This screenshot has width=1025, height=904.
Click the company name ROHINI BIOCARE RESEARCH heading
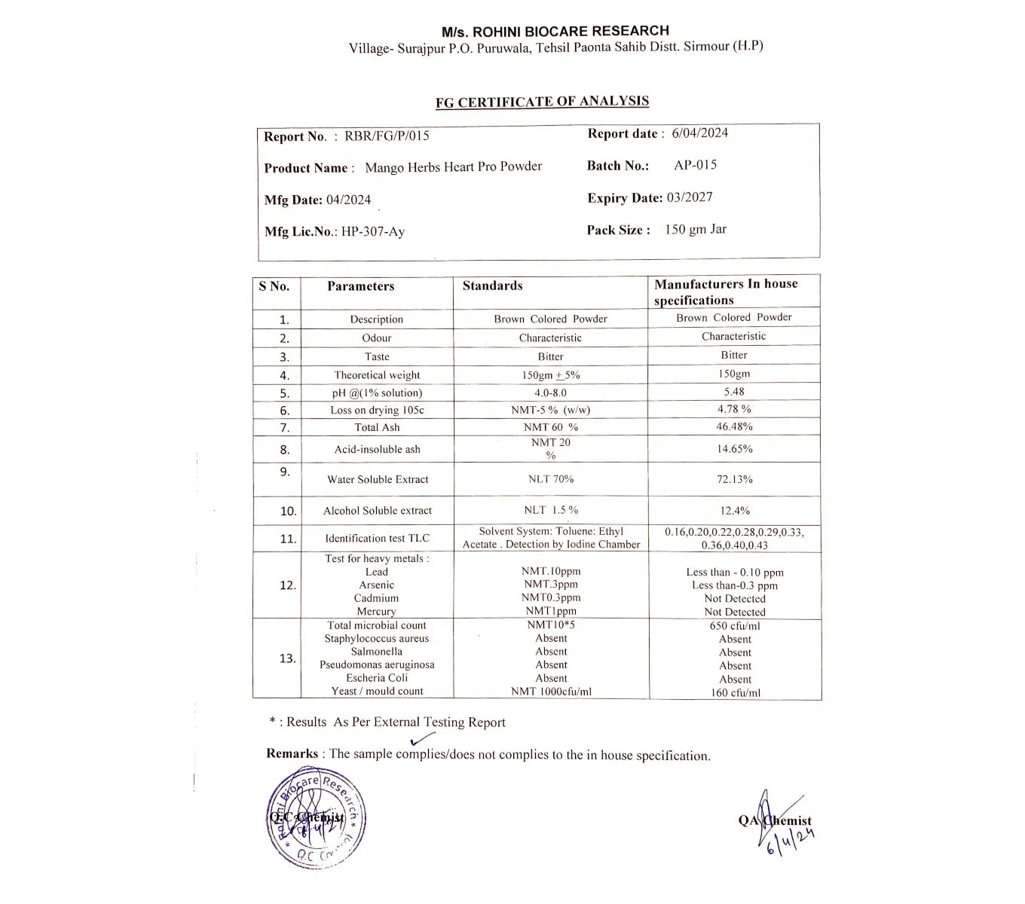coord(555,31)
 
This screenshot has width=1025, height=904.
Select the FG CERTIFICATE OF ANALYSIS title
coord(542,102)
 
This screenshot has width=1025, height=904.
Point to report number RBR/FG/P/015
coord(387,136)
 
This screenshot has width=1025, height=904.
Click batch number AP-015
coord(695,165)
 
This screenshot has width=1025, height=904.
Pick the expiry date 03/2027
coord(689,197)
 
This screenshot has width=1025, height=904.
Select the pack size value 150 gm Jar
coord(695,230)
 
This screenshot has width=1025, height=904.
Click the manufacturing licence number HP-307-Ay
coord(372,231)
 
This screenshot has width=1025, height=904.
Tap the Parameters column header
coord(360,286)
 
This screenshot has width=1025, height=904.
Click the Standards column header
coord(492,286)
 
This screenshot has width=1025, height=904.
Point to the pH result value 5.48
coord(733,392)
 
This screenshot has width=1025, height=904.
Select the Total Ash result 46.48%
coord(733,426)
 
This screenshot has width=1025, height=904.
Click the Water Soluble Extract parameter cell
coord(377,479)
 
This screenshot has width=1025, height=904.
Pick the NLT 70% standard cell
coord(550,479)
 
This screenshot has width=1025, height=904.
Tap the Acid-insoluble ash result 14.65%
coord(734,449)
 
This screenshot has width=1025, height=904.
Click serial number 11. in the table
coord(288,539)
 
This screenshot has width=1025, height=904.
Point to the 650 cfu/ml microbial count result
coord(734,625)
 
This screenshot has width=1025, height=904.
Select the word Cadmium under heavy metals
coord(376,598)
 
